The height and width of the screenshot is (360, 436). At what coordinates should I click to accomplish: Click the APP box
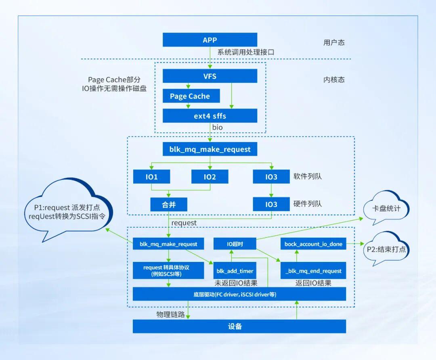pyautogui.click(x=210, y=40)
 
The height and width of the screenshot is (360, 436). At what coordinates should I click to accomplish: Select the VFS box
pyautogui.click(x=210, y=76)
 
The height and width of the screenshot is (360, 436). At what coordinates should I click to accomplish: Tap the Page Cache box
pyautogui.click(x=190, y=96)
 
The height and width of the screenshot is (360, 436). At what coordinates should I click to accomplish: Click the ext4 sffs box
pyautogui.click(x=210, y=116)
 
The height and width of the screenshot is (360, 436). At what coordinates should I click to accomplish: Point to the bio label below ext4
pyautogui.click(x=218, y=128)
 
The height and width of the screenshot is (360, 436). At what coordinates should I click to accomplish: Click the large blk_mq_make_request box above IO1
pyautogui.click(x=210, y=149)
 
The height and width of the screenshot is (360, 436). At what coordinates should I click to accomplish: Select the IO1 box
pyautogui.click(x=151, y=177)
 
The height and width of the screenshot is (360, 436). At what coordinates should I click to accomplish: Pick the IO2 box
pyautogui.click(x=210, y=177)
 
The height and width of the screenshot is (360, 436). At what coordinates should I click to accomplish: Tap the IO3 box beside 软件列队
pyautogui.click(x=271, y=177)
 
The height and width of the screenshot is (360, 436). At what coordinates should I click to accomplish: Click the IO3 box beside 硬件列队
pyautogui.click(x=271, y=204)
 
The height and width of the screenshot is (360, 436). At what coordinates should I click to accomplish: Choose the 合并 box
pyautogui.click(x=169, y=204)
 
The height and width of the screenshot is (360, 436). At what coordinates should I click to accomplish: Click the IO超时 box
pyautogui.click(x=235, y=244)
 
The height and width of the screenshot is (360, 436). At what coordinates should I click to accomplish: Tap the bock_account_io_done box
pyautogui.click(x=313, y=244)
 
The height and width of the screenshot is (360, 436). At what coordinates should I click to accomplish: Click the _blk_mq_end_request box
pyautogui.click(x=313, y=271)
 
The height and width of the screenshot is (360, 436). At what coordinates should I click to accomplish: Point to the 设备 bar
pyautogui.click(x=239, y=327)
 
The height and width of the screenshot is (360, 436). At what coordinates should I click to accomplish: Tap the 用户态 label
pyautogui.click(x=334, y=42)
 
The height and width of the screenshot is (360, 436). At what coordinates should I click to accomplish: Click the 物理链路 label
pyautogui.click(x=170, y=314)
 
